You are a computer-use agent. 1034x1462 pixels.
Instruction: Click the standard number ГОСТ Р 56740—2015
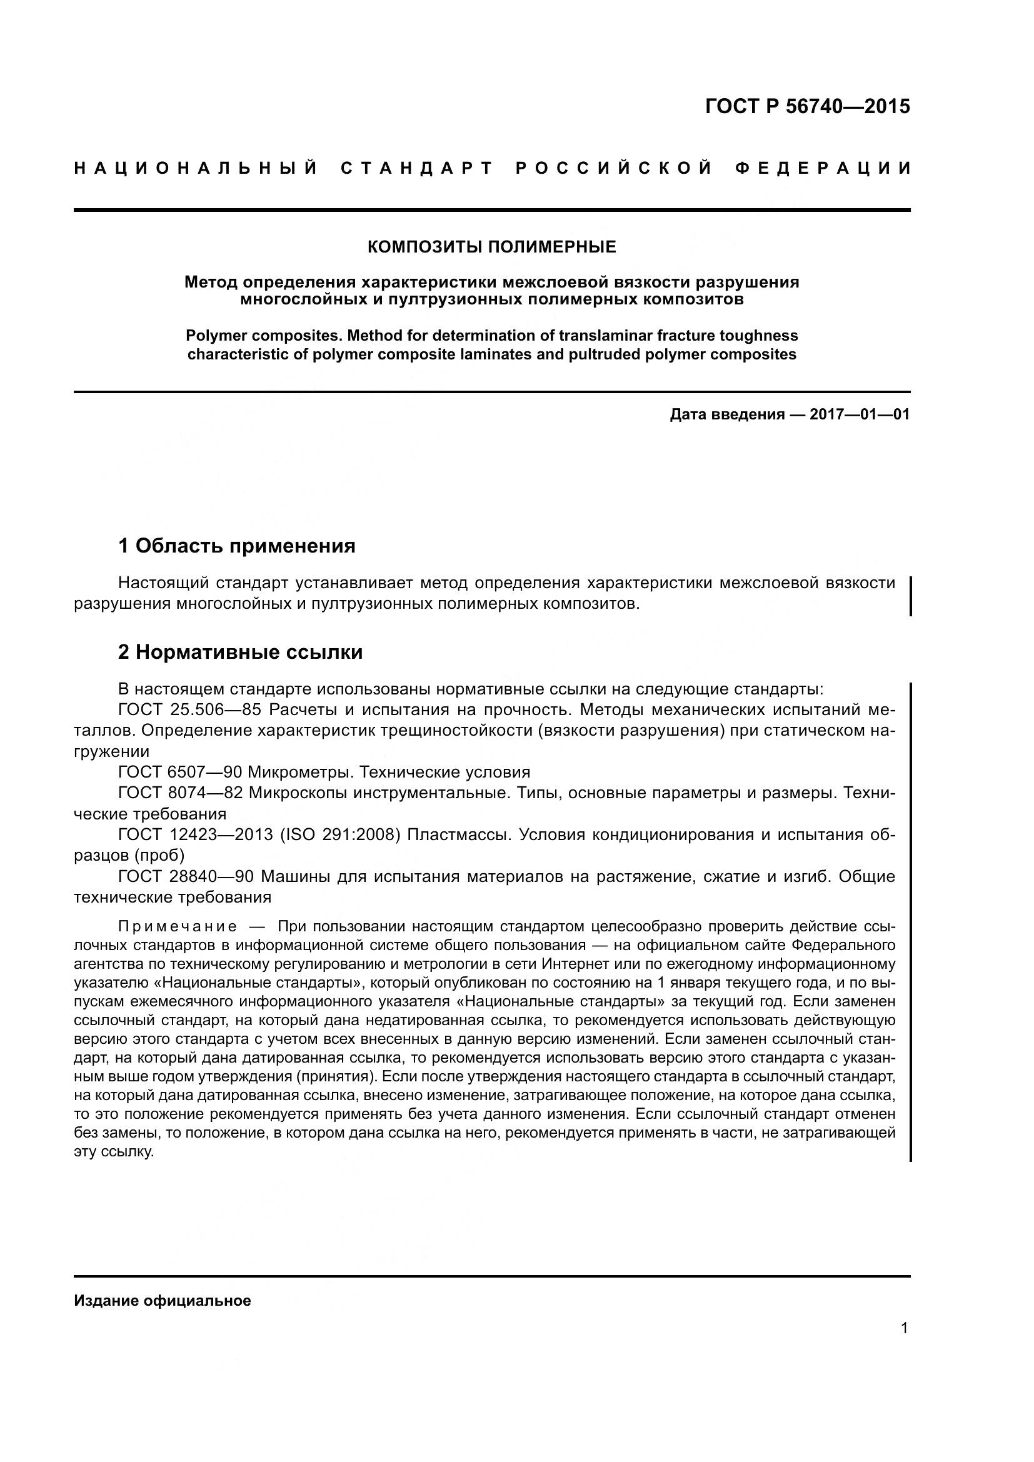click(807, 106)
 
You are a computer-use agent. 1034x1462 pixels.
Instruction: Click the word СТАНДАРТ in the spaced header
click(417, 169)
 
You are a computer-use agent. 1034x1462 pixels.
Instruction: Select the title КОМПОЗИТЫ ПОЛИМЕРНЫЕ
click(491, 247)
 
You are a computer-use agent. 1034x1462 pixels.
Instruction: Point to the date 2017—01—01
click(859, 415)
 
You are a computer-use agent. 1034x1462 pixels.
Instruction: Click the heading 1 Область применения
click(237, 546)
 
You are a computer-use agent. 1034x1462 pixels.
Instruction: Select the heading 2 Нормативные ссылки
click(241, 653)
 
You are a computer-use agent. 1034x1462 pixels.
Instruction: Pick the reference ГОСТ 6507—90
click(180, 773)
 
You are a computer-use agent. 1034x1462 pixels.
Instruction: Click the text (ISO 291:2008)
click(340, 835)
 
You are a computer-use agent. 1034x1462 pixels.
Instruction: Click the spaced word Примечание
click(178, 926)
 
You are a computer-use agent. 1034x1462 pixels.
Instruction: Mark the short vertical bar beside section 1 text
click(910, 596)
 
